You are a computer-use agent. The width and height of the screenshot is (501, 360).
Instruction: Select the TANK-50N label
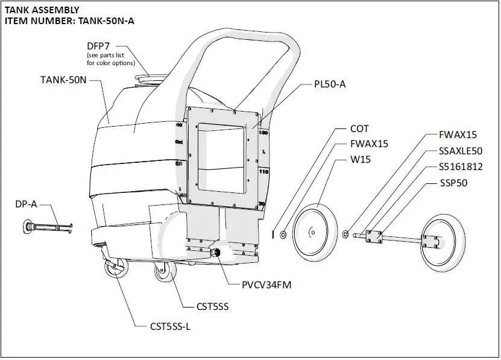pyautogui.click(x=65, y=80)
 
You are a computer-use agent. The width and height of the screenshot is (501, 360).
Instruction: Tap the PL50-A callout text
pyautogui.click(x=330, y=84)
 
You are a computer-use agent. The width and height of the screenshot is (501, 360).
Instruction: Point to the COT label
pyautogui.click(x=360, y=129)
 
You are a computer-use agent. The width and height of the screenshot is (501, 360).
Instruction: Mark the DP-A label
pyautogui.click(x=26, y=204)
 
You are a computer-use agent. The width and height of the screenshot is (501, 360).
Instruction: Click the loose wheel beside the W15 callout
pyautogui.click(x=315, y=232)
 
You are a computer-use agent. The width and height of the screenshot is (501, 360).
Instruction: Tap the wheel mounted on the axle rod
pyautogui.click(x=443, y=241)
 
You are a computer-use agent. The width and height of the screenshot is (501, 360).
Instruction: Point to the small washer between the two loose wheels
pyautogui.click(x=346, y=233)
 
